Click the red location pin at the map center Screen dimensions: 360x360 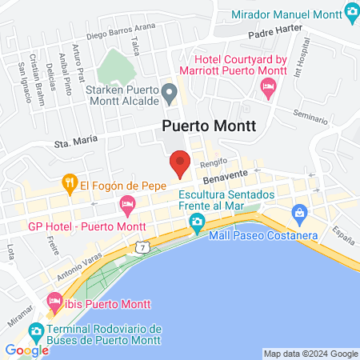[180, 162]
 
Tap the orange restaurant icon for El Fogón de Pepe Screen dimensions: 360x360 [70, 183]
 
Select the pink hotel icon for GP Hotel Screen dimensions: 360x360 [127, 206]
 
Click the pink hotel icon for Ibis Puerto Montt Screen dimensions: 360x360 [54, 303]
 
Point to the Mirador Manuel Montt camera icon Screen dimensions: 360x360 [350, 13]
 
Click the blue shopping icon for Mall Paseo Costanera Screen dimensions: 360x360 [300, 214]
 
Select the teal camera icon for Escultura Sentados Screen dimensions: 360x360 [197, 222]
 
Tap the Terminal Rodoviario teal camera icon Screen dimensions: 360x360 [35, 330]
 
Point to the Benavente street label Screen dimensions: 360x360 [218, 183]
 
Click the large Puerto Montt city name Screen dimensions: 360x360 [209, 126]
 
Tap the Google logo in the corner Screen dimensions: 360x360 [26, 350]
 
